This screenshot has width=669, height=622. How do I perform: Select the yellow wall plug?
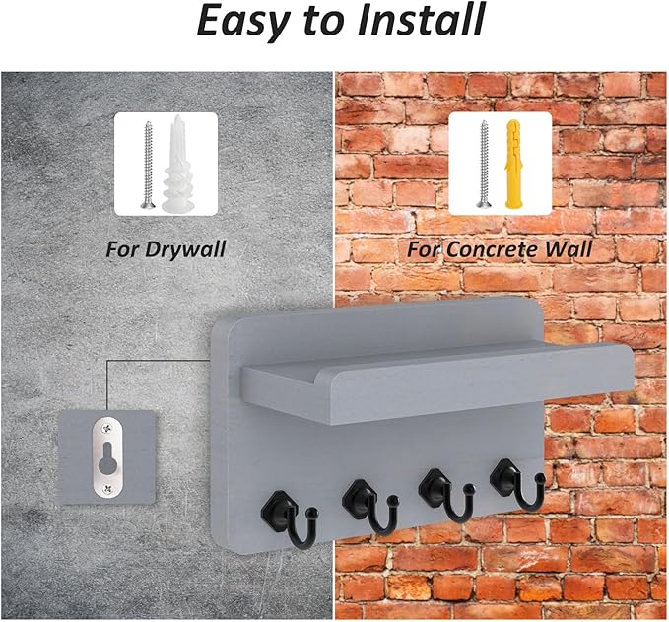coord(513,165)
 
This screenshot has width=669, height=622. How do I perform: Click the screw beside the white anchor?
coord(148,166)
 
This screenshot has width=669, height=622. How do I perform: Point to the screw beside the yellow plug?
coord(484,165)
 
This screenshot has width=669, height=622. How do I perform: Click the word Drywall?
coord(185,249)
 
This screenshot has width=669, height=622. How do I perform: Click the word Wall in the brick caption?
coord(568,248)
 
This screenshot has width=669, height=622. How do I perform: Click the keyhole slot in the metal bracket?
coord(107,458)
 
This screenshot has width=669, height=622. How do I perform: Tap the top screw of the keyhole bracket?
coord(106,425)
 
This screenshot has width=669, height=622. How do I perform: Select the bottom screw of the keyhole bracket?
coord(106,491)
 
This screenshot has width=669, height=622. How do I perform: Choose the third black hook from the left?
coord(446,497)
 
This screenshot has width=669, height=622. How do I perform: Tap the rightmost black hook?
coord(517,485)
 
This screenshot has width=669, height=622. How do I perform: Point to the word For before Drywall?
coord(123,248)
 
